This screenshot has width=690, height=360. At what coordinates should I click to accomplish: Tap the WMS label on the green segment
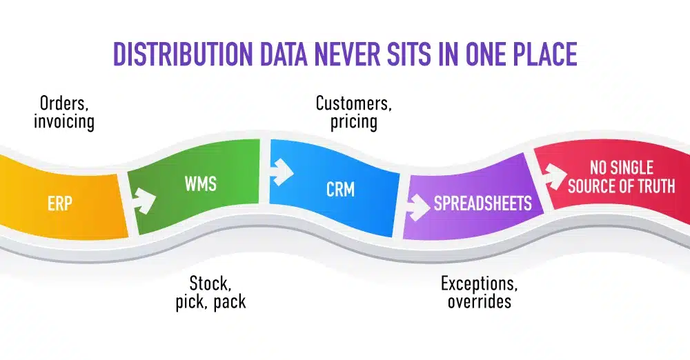(199, 185)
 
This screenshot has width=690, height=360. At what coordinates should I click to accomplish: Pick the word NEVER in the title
(351, 54)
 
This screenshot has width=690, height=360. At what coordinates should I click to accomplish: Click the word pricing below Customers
(353, 122)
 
